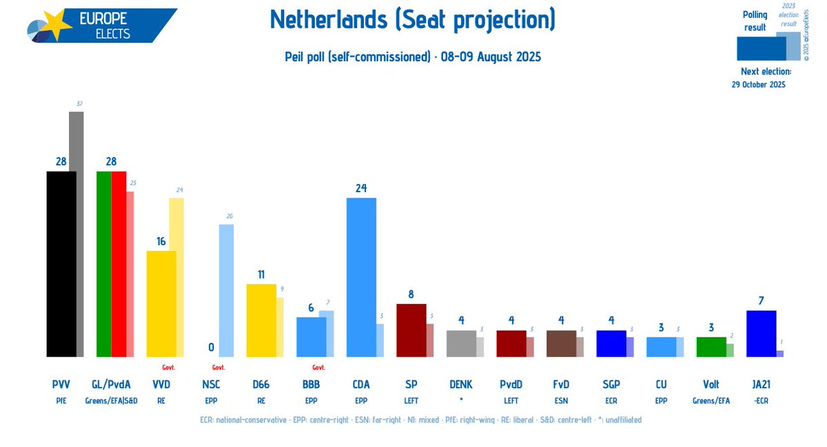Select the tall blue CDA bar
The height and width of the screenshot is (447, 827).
(x=360, y=277)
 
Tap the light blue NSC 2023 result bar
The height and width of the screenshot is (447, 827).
(x=226, y=290)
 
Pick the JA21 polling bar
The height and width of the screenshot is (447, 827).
(x=761, y=333)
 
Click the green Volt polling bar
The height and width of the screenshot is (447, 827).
(x=711, y=346)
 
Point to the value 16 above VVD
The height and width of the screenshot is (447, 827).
(x=161, y=241)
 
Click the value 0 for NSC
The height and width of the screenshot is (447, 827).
(x=211, y=348)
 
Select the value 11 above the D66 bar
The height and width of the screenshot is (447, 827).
(x=261, y=274)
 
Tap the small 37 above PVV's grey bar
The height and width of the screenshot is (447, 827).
(x=79, y=104)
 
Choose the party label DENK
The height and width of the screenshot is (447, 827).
(x=460, y=384)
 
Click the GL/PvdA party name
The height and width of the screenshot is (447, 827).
(x=111, y=384)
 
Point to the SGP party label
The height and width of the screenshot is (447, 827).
(x=611, y=384)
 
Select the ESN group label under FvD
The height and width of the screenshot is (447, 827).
(x=561, y=399)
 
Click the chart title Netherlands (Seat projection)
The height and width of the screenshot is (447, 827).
(x=413, y=21)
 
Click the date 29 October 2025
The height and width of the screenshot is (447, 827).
(x=758, y=85)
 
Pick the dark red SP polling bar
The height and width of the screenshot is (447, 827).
(x=411, y=330)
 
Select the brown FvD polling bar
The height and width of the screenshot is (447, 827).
(x=560, y=343)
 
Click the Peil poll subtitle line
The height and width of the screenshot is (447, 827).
(x=413, y=56)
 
